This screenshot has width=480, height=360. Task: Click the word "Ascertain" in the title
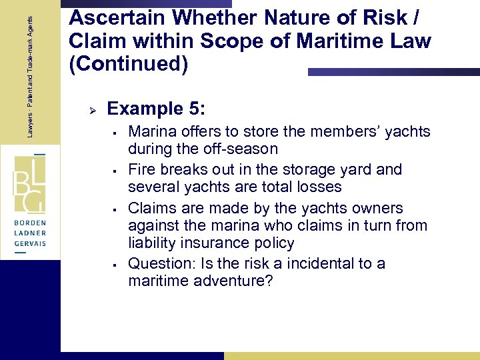click(x=111, y=19)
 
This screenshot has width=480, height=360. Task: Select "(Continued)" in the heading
click(x=129, y=65)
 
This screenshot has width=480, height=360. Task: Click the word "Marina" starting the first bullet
click(x=150, y=132)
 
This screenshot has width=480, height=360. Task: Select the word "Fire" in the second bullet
click(x=141, y=169)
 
